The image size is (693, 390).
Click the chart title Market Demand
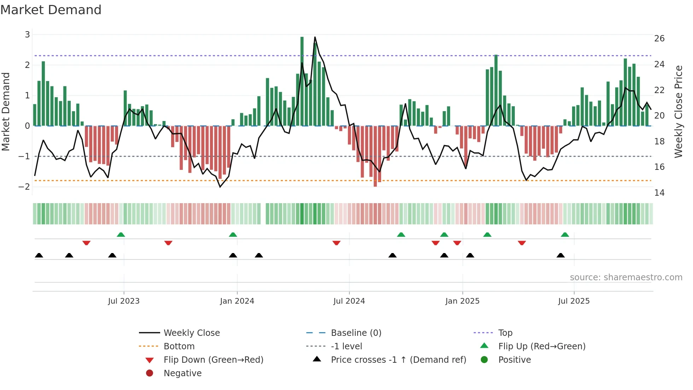coord(51,10)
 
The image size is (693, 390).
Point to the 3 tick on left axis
coord(27,35)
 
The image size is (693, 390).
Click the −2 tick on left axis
coord(24,187)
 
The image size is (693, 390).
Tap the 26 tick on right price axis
coord(659,39)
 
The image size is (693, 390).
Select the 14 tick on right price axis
coord(659,193)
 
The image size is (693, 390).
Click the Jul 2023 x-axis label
coord(124,301)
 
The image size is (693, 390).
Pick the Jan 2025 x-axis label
coord(462,301)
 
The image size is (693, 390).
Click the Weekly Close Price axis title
coord(678,111)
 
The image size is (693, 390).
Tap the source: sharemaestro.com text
coord(626,277)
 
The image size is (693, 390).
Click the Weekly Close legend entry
coord(191,333)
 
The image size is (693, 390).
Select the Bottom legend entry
coord(179,346)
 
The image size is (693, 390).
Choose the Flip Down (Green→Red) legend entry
coord(213,360)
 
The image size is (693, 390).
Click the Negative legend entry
coord(182,373)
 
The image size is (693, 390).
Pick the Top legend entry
coord(505,333)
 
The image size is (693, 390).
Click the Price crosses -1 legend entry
coord(398,360)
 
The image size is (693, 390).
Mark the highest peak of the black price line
coord(315,37)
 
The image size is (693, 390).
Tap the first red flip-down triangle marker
coord(86,243)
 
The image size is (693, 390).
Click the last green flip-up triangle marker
coord(565,235)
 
